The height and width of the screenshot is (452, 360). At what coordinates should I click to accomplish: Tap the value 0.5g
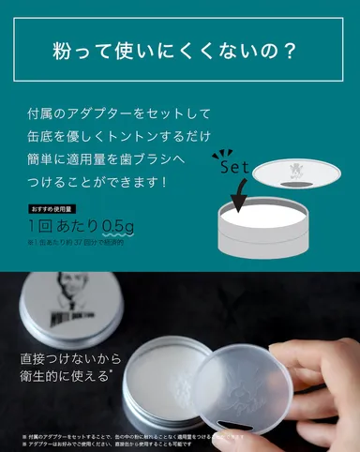(120, 226)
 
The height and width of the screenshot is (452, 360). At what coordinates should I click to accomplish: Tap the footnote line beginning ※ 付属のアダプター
(141, 436)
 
